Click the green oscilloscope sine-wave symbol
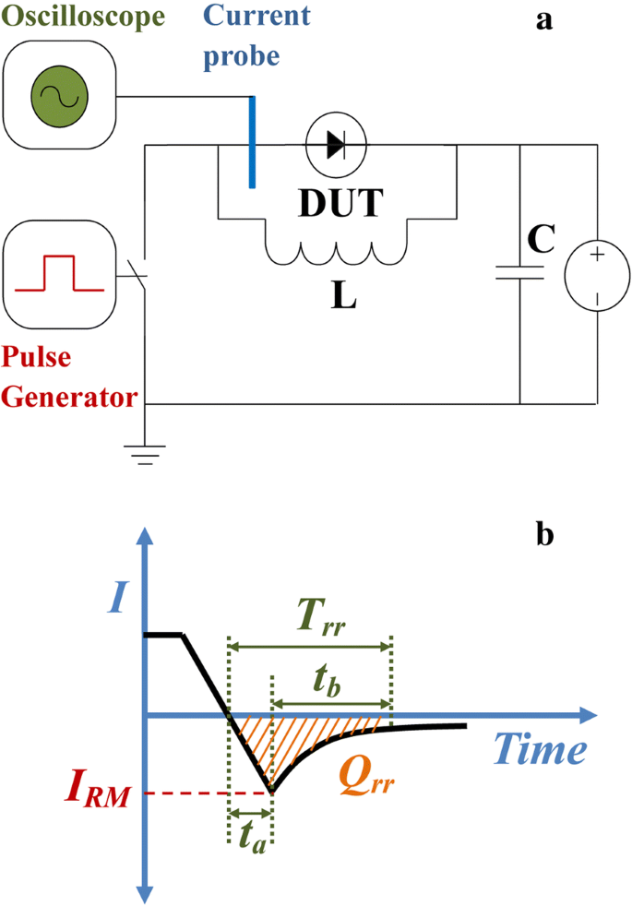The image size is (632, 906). point(59,95)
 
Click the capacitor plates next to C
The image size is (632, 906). point(520,272)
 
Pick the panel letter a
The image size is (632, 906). point(544,20)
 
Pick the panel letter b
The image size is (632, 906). point(544,534)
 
